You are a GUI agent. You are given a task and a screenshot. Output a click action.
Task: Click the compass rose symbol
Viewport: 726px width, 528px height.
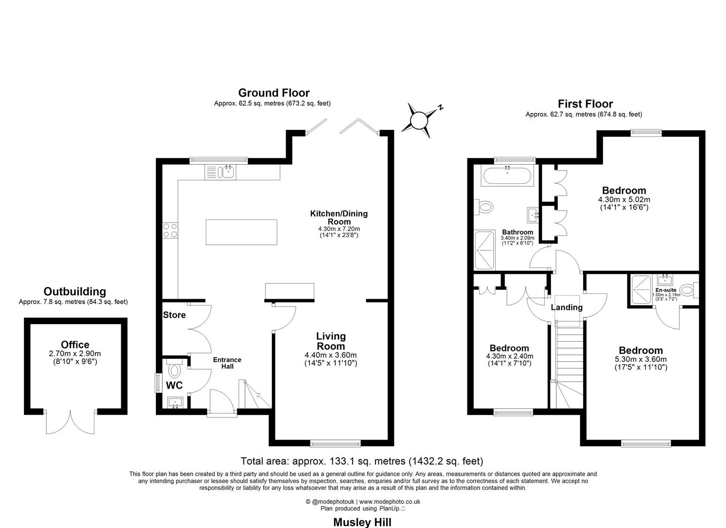point(419,119)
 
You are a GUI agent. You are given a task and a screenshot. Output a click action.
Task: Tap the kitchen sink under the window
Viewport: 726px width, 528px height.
point(221,172)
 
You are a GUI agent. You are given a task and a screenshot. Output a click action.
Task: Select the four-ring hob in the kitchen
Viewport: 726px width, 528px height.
point(170,230)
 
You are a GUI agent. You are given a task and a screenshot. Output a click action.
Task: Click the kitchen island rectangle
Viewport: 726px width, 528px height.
point(241,232)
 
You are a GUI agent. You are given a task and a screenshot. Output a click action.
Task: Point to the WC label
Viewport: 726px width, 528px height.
point(174,385)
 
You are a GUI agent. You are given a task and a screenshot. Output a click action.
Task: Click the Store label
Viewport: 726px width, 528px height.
point(175,315)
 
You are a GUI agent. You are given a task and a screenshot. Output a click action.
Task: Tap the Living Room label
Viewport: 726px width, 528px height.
point(330,341)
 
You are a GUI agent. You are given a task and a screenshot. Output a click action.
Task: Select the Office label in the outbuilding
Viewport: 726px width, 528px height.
point(75,345)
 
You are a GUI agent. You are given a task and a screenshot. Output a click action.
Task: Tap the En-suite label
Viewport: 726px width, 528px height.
point(666,290)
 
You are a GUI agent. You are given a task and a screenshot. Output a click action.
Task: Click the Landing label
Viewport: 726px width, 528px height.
point(567,308)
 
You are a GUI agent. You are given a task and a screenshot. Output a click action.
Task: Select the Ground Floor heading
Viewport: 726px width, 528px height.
point(273,93)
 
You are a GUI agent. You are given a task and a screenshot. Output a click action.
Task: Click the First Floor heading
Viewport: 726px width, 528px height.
point(585,104)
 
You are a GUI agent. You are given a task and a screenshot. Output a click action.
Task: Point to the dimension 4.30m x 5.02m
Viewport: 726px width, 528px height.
point(624,199)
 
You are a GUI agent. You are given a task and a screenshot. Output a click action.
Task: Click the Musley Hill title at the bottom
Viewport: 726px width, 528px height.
point(362,522)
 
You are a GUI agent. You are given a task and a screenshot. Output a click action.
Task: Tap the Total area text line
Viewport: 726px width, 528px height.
point(362,461)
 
